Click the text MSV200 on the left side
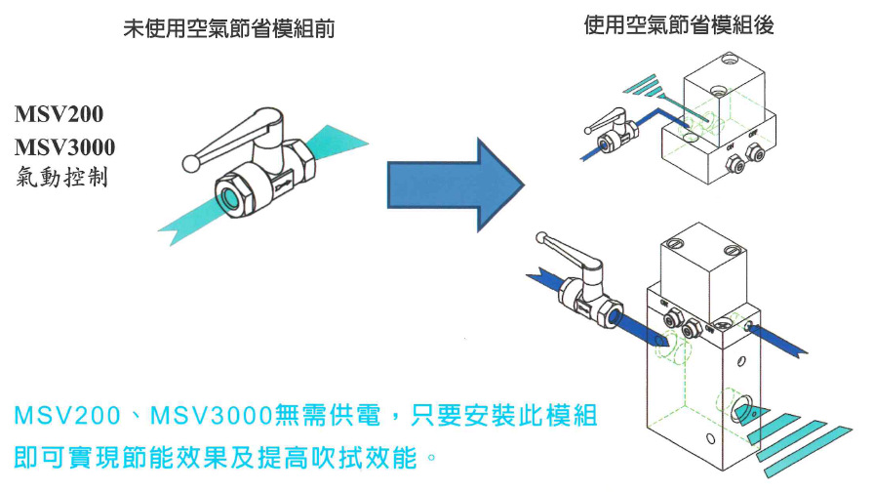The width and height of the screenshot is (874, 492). coord(59,115)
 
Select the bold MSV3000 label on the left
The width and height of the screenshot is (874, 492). coord(64,147)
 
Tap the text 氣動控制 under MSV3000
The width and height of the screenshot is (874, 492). coord(60,178)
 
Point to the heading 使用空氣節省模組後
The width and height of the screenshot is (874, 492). coord(679,25)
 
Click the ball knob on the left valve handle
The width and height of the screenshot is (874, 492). coord(188,162)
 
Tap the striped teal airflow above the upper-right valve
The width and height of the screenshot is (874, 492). coord(646,87)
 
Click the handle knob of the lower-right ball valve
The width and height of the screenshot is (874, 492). coord(541,236)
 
